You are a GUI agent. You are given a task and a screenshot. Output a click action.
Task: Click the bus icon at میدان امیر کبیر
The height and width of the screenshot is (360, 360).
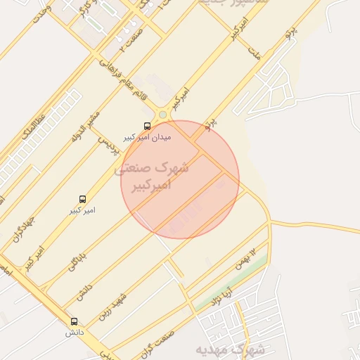point(146,126)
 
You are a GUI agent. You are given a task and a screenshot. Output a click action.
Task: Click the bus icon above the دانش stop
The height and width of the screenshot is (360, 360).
point(75,321)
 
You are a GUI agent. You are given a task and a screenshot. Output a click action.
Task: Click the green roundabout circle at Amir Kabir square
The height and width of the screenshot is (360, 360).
point(163,115)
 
